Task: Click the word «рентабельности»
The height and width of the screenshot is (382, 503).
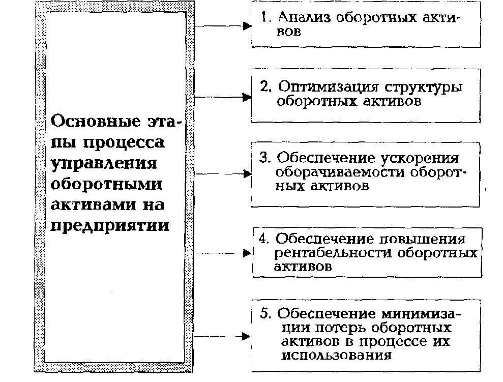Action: pyautogui.click(x=333, y=253)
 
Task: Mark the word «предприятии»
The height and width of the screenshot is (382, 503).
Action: pyautogui.click(x=109, y=224)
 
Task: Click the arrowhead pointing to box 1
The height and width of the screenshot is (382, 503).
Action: pyautogui.click(x=248, y=25)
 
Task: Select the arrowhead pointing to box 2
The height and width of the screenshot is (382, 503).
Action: pyautogui.click(x=248, y=96)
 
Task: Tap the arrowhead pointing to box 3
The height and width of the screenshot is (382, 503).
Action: pyautogui.click(x=248, y=173)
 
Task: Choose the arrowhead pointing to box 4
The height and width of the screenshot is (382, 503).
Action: pyautogui.click(x=248, y=253)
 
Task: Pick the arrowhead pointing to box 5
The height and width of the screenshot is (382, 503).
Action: pyautogui.click(x=248, y=336)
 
